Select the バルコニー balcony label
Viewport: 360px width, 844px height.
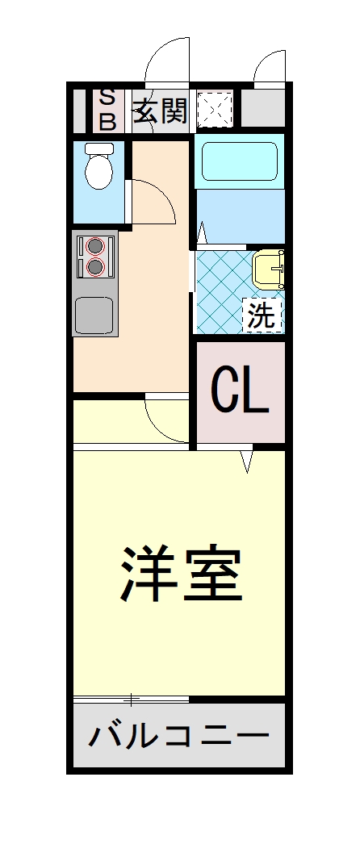tap(178, 736)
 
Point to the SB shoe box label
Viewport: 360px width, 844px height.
tap(107, 110)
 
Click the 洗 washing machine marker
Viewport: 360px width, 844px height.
tap(262, 315)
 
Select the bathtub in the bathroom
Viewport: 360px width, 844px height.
tap(239, 161)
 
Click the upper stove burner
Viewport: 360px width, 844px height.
tap(96, 246)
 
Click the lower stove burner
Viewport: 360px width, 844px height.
tap(96, 265)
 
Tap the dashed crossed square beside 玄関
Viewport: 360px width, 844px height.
tap(216, 110)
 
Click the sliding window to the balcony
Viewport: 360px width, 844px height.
tap(131, 698)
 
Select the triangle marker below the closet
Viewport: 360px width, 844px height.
tap(247, 460)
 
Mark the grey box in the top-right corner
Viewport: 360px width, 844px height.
tap(262, 108)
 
